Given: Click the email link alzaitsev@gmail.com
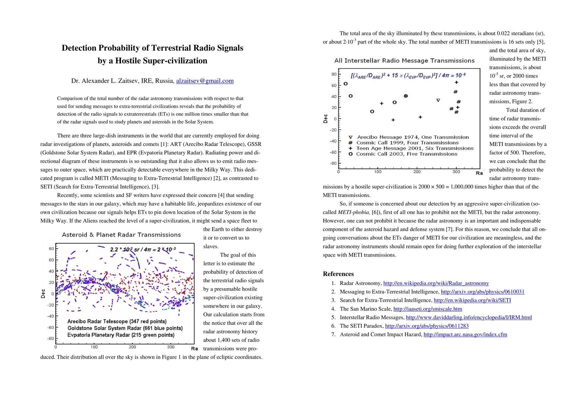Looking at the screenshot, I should coord(205,81).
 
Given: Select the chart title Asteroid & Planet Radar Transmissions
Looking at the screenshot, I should coord(121,235).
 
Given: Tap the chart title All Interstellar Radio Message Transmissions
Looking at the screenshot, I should coord(404,61).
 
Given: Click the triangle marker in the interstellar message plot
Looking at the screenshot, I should coord(438,100).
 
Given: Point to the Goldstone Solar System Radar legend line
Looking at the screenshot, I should coord(125,328).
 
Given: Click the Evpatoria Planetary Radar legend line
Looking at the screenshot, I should coord(121,335).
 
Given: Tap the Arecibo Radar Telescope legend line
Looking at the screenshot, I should coord(117,321).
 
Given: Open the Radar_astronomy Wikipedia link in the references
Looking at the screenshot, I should coord(436,283).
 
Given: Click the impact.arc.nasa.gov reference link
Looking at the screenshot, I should coord(465,335).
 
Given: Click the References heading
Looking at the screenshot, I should coord(338,274).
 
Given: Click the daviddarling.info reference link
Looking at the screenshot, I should coord(468,318).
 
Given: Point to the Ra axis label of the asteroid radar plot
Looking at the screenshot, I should coord(195,349).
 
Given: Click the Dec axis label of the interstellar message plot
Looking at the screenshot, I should coord(325,119).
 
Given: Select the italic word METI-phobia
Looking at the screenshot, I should coord(353,212).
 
